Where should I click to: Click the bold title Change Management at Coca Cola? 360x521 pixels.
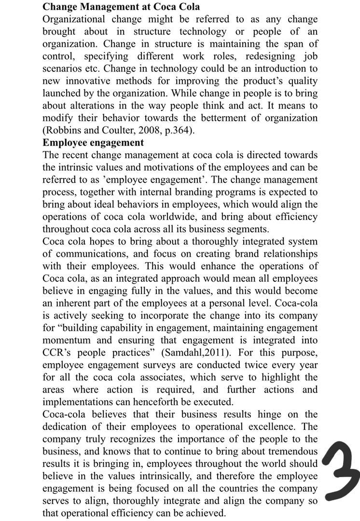(121, 7)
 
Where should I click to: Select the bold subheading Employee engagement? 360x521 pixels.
(93, 143)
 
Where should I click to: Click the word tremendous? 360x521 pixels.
(290, 452)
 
